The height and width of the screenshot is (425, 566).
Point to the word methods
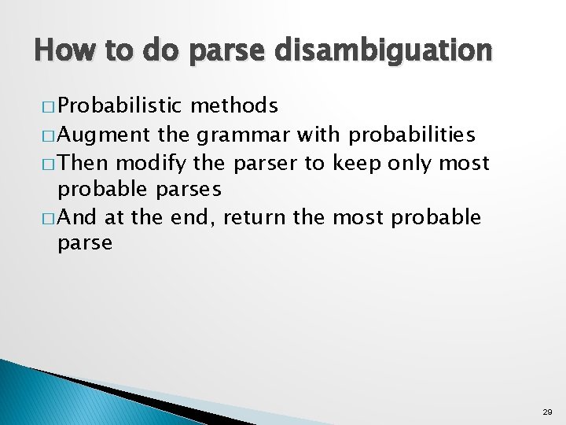point(233,106)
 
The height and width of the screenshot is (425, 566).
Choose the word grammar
point(245,135)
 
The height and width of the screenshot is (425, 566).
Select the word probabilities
point(411,135)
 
